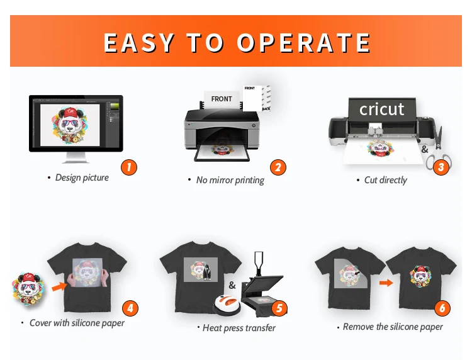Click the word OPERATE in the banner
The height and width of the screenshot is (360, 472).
pos(303,43)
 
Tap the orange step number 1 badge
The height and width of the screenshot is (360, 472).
pos(129,167)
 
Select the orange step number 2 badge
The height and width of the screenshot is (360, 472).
pos(278,167)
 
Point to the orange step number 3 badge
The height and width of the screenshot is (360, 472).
pos(441,167)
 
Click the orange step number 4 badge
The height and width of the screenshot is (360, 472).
pos(130,308)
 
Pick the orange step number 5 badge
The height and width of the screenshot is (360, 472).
pos(279,308)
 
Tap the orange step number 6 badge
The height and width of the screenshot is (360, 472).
pos(442,308)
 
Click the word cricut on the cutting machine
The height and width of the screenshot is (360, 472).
pos(382,109)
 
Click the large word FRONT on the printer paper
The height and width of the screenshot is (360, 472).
pos(222,99)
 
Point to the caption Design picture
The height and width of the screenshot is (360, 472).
pos(82,177)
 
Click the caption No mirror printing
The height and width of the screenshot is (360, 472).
pos(230,180)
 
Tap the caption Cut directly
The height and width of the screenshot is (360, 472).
pos(386,180)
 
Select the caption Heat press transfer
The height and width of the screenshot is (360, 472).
pos(239,328)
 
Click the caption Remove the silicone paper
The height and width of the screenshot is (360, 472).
pos(393,327)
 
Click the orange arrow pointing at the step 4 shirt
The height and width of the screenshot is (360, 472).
pos(59,286)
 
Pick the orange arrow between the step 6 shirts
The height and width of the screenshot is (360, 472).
pos(386,283)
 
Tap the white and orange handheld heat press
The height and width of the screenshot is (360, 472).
pos(227,305)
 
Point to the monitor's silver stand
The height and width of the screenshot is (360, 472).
pos(76,157)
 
